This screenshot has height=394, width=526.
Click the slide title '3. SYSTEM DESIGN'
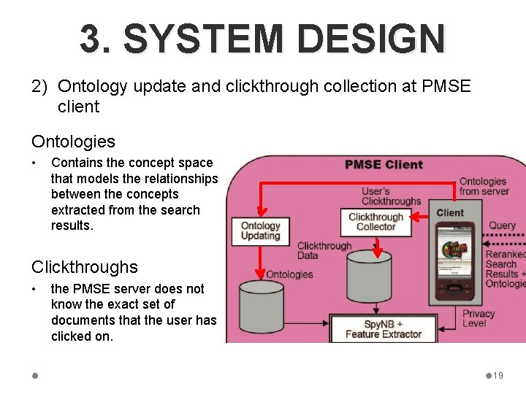[262, 39]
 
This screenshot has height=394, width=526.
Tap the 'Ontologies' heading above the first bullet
[73, 142]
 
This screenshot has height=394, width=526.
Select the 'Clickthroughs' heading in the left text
[84, 267]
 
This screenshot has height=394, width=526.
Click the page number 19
[498, 376]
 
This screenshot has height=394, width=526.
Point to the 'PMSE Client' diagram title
[384, 164]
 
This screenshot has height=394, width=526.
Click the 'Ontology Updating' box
[260, 231]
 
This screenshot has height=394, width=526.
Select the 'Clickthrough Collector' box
[376, 222]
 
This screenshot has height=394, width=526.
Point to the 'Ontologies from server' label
[482, 186]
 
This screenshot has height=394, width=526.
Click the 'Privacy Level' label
[479, 318]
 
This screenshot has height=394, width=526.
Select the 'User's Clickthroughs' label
[392, 196]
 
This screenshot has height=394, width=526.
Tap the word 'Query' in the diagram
[502, 225]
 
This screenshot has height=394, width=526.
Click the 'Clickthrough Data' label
[324, 251]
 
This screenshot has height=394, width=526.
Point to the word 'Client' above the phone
[449, 212]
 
